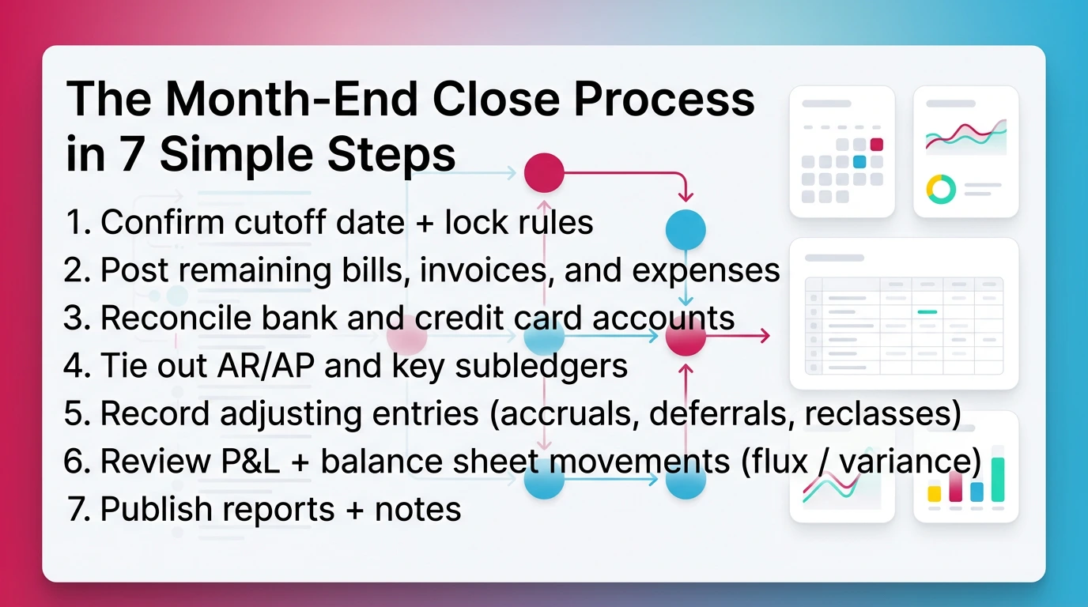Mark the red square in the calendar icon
876,144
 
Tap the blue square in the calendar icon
859,161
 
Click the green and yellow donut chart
941,189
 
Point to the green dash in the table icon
927,312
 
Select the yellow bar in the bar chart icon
934,493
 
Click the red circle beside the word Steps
544,172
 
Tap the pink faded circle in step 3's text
407,337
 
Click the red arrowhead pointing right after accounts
763,337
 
